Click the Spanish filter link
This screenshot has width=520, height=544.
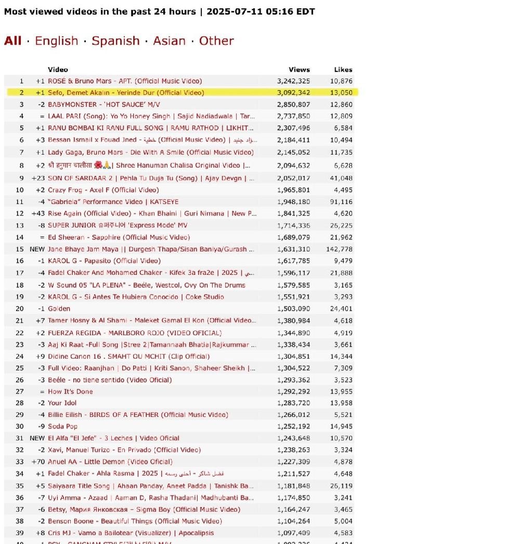coord(115,41)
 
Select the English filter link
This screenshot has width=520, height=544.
coord(56,41)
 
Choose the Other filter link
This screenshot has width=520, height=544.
coord(216,41)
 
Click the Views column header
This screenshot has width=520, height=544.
coord(299,69)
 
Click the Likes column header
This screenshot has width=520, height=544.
coord(343,69)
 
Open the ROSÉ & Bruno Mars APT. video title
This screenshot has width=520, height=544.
coord(125,81)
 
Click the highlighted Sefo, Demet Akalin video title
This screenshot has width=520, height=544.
coord(126,93)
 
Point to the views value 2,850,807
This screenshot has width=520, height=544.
coord(293,105)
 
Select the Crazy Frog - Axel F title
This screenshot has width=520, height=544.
coord(103,190)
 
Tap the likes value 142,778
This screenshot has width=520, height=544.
coord(341,249)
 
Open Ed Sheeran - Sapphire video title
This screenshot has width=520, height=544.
coord(119,237)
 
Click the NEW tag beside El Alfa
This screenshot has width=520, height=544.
coord(37,438)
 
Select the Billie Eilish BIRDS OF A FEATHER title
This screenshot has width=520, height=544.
coord(138,414)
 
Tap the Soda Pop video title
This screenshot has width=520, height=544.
coord(63,426)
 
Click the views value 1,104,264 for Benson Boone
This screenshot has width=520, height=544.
coord(293,521)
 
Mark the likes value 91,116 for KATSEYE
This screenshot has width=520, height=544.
coord(341,202)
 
